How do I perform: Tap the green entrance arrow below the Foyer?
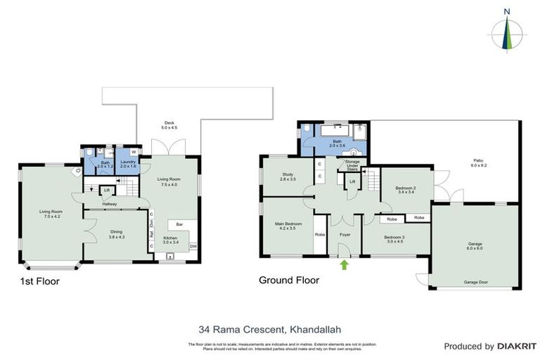pyautogui.click(x=344, y=265)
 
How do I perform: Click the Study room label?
pyautogui.click(x=288, y=176)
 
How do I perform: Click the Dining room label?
pyautogui.click(x=116, y=234)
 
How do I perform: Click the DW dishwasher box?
pyautogui.click(x=193, y=247)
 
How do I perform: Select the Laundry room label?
pyautogui.click(x=128, y=165)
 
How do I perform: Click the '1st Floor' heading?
pyautogui.click(x=40, y=281)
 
